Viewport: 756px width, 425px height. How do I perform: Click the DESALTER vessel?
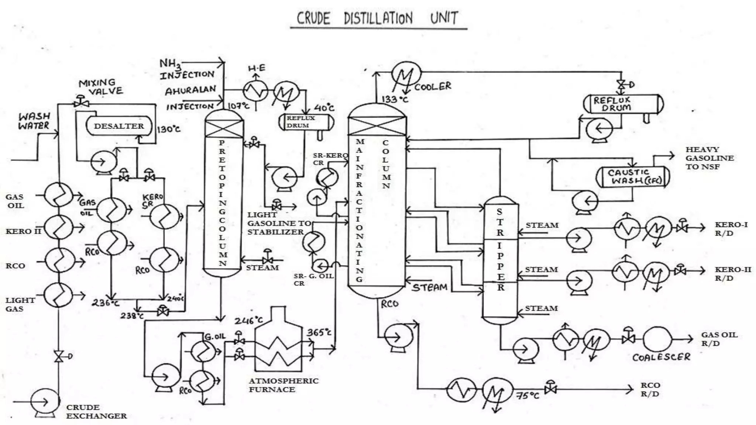pyautogui.click(x=119, y=126)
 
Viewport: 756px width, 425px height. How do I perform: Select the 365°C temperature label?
pyautogui.click(x=319, y=332)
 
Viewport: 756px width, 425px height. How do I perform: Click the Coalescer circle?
pyautogui.click(x=657, y=339)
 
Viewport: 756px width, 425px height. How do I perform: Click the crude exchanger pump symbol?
pyautogui.click(x=45, y=402)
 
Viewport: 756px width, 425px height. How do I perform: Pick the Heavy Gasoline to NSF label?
pyautogui.click(x=709, y=158)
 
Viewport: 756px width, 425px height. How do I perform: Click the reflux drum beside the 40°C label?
pyautogui.click(x=306, y=122)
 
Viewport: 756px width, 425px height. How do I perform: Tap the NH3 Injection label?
pyautogui.click(x=186, y=69)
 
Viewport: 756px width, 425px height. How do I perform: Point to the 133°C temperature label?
pyautogui.click(x=395, y=99)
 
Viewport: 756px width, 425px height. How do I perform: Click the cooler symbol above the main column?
pyautogui.click(x=406, y=76)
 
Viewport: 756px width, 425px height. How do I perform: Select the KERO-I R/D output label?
pyautogui.click(x=731, y=229)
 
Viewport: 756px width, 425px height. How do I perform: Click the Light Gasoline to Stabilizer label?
pyautogui.click(x=279, y=223)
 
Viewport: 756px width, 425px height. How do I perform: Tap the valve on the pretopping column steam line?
pyautogui.click(x=267, y=258)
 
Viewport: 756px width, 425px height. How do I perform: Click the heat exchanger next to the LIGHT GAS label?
pyautogui.click(x=59, y=295)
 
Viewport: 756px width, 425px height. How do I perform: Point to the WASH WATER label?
pyautogui.click(x=34, y=121)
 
